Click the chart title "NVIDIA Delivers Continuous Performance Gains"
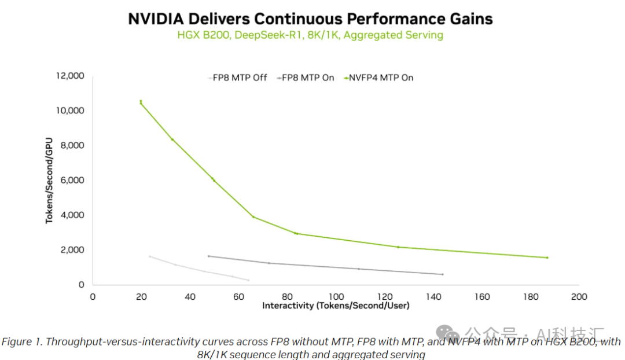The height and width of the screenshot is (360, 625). [310, 19]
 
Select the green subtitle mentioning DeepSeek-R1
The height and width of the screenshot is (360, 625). [310, 35]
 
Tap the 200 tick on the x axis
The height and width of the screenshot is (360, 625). [579, 297]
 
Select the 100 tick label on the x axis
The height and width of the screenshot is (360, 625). [336, 297]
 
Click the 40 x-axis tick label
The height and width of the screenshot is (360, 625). [190, 297]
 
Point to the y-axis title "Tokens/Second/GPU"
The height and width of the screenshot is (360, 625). [50, 180]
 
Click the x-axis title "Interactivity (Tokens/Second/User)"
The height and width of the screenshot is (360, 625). [336, 306]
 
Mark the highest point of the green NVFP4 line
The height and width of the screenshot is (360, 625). [141, 101]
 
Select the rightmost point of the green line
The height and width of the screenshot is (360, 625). [547, 258]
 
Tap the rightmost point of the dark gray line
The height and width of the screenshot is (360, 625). [442, 274]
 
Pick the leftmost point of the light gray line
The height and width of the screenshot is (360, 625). [150, 256]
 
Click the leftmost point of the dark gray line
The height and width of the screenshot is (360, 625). [208, 256]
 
